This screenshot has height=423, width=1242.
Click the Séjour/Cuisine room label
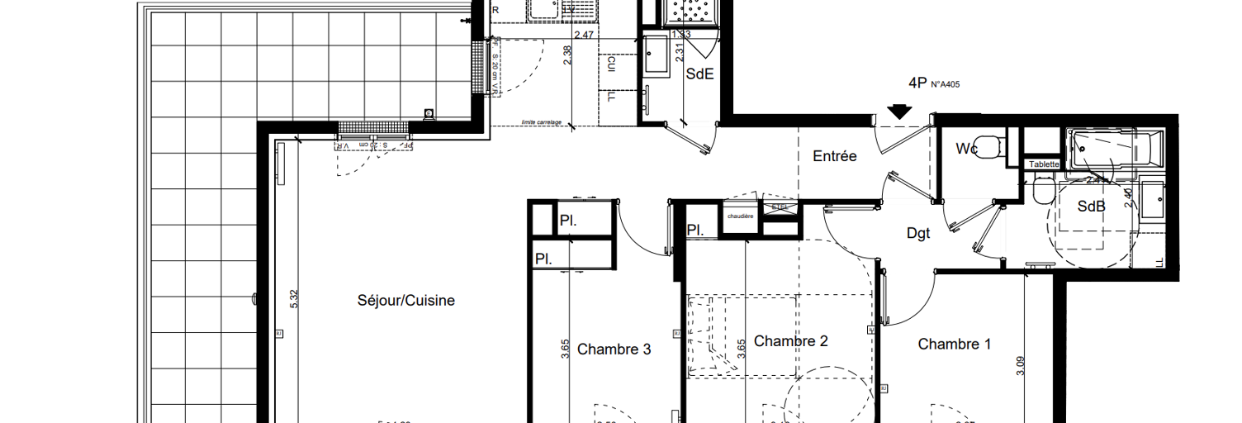(x=406, y=301)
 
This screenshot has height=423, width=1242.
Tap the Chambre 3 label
(x=614, y=349)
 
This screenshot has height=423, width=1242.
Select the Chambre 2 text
(x=790, y=341)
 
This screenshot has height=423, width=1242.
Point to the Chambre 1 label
(x=954, y=345)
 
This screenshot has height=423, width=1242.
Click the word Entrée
(x=834, y=156)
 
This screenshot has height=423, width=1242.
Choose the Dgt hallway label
(x=918, y=234)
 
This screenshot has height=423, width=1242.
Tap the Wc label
(x=967, y=149)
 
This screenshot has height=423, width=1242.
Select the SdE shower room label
(x=699, y=74)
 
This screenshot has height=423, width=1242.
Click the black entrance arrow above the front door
(x=900, y=111)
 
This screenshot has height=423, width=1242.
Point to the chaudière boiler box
(x=740, y=217)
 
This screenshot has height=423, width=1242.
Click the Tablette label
(x=1044, y=164)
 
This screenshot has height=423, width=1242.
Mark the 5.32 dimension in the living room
(x=293, y=299)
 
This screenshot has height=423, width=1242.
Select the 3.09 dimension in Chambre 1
(x=1021, y=366)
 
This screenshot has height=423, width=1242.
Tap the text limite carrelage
(x=541, y=122)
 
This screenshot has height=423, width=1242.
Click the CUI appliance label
(x=611, y=63)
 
